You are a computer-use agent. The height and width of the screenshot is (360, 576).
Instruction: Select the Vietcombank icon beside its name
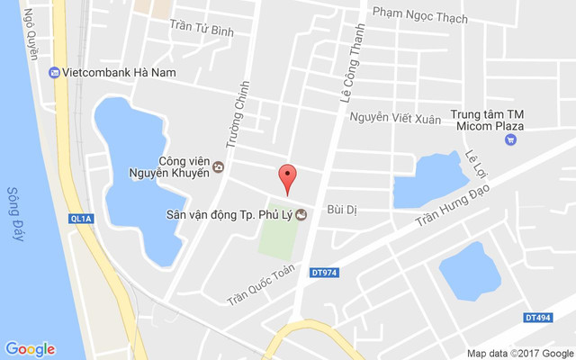(x=55, y=72)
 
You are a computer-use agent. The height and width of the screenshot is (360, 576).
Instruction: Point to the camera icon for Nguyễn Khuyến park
(x=218, y=167)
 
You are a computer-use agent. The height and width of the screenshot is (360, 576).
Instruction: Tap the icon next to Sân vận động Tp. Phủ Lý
(x=301, y=214)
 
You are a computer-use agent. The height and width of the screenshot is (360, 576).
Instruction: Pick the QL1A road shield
(x=80, y=217)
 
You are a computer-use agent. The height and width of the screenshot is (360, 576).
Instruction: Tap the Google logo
(x=30, y=349)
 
